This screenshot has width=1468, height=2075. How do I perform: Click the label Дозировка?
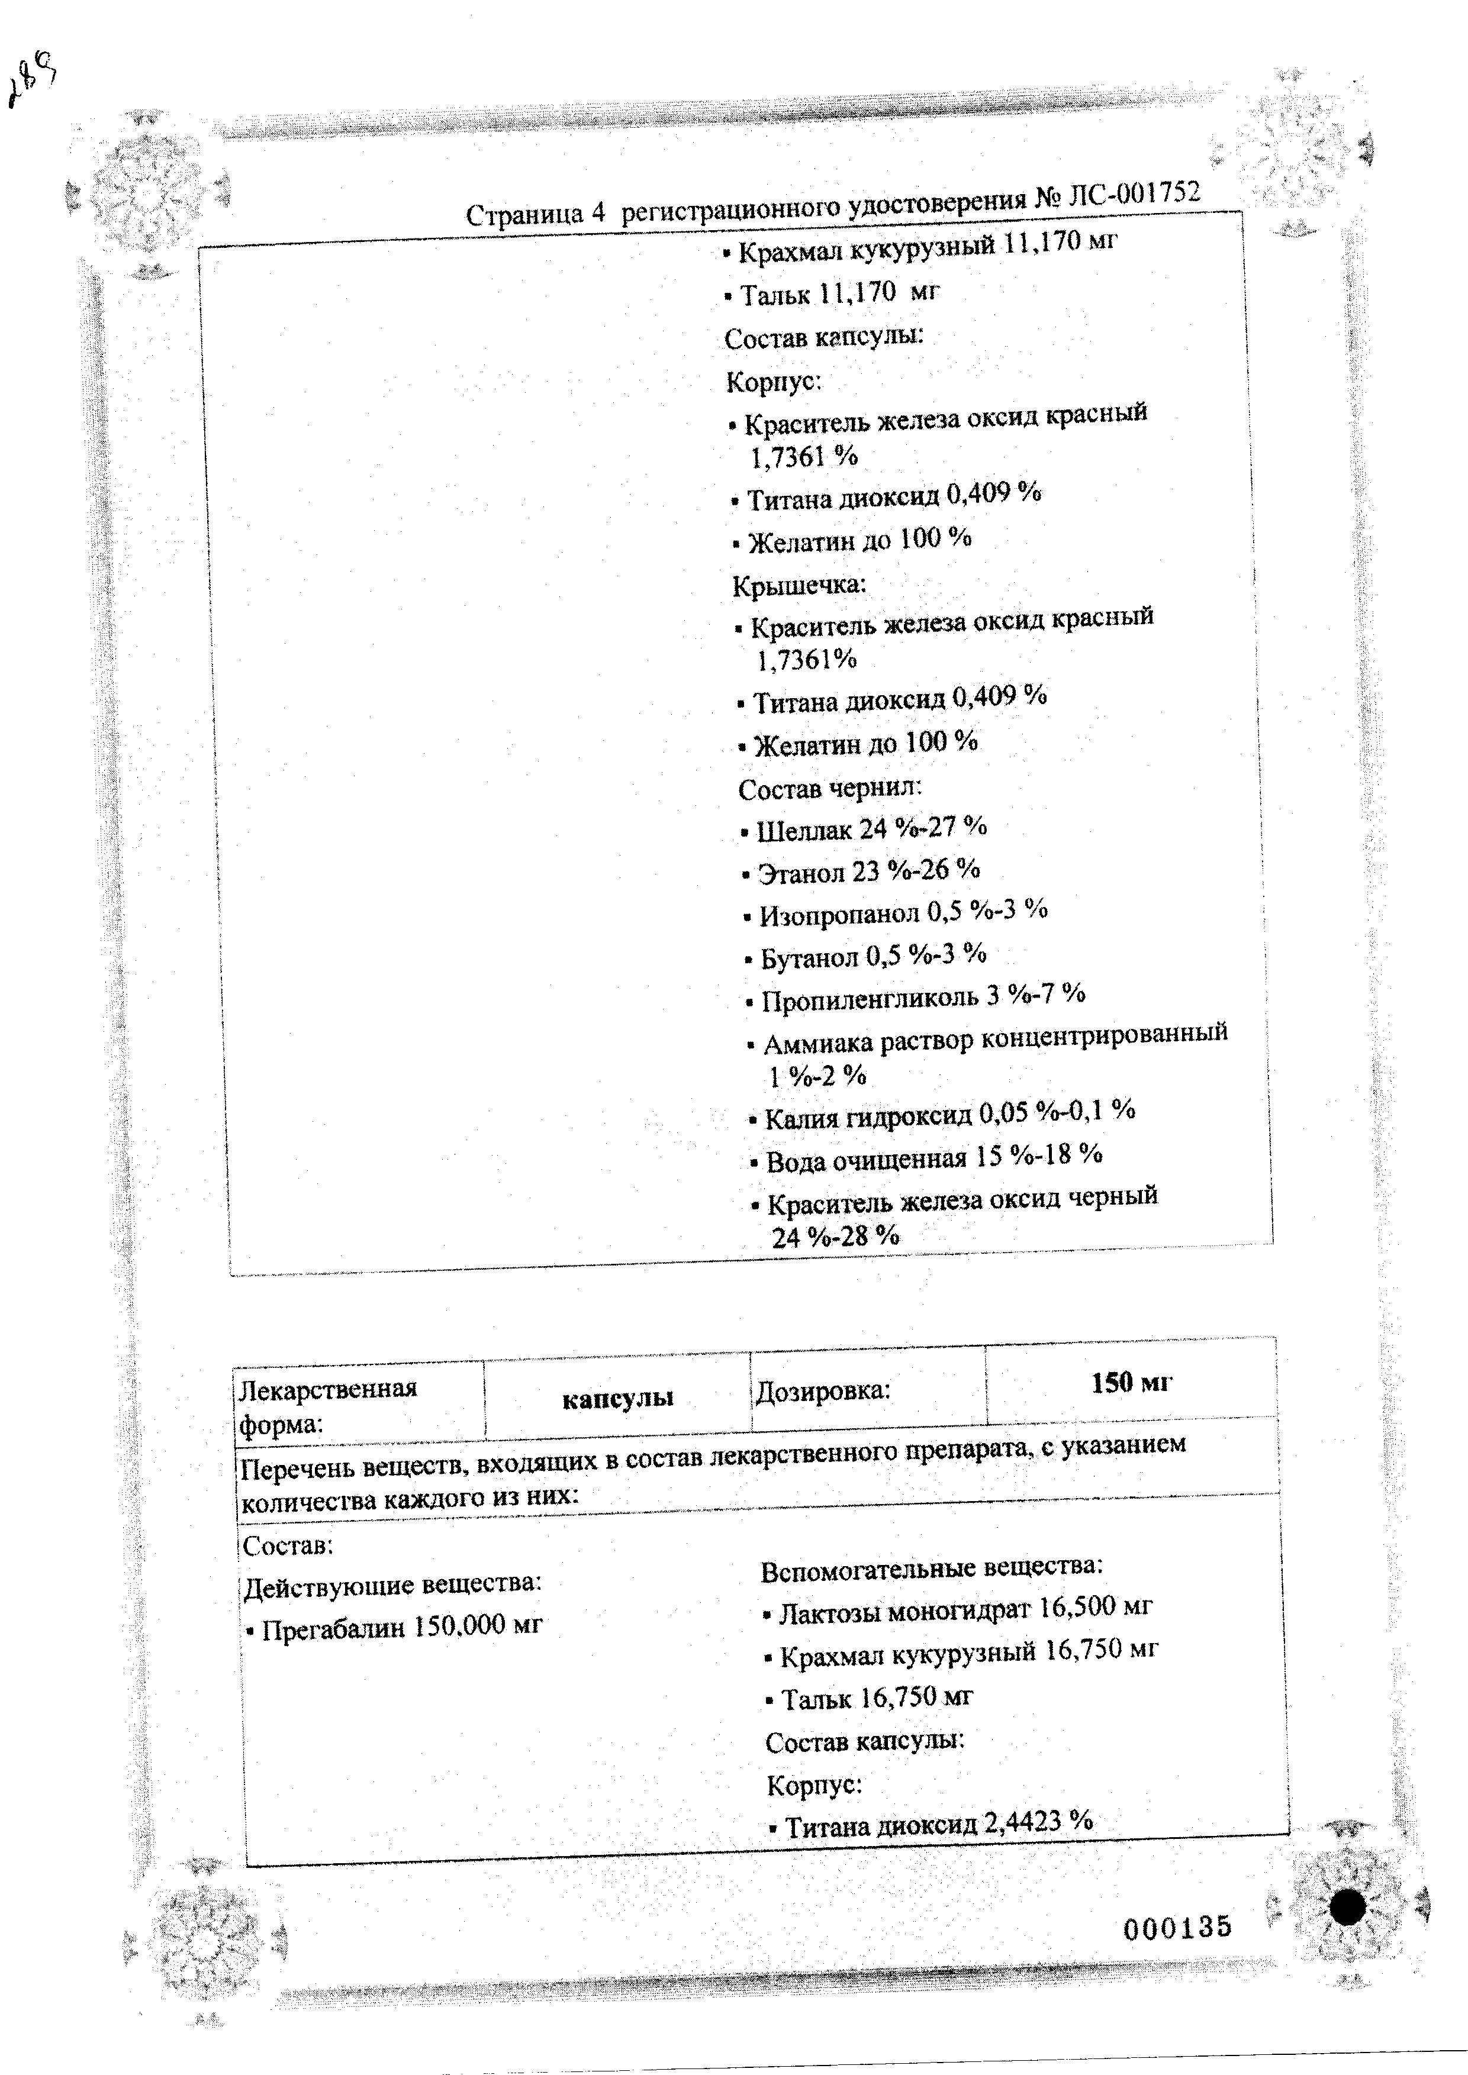(823, 1391)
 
